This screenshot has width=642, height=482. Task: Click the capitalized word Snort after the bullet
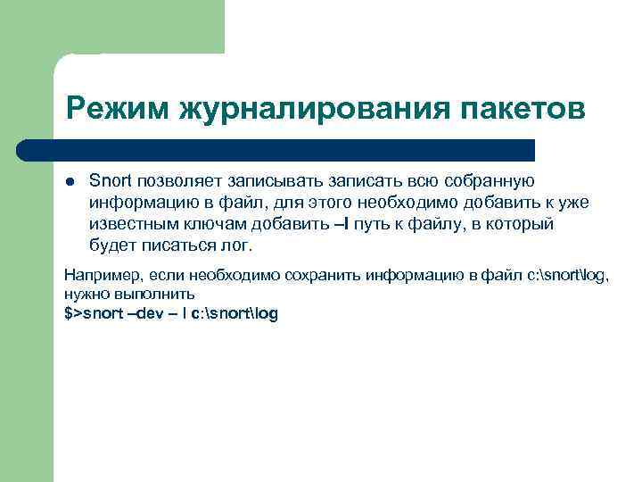[109, 182]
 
